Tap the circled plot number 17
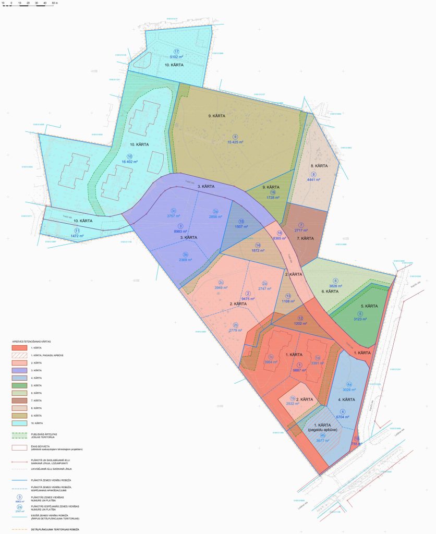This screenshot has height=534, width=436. (176, 50)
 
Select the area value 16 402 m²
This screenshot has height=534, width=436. (128, 162)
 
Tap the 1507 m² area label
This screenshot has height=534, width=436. (241, 227)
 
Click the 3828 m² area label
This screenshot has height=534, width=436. (335, 286)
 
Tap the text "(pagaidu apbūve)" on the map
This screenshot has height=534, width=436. (323, 430)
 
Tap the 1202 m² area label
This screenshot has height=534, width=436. (300, 324)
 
